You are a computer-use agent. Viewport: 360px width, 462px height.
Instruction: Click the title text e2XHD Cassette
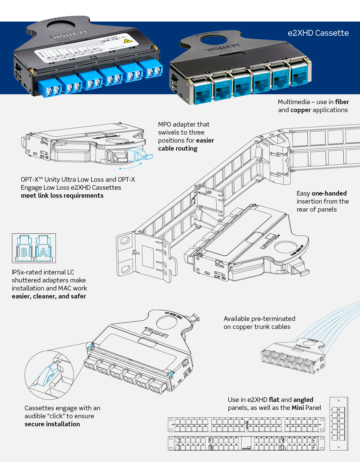tap(318, 33)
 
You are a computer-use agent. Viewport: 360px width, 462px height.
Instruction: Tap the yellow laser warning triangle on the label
tap(130, 41)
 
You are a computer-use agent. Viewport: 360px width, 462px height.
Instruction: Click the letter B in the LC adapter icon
tap(24, 252)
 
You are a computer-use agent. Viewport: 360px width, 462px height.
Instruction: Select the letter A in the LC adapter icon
tap(43, 252)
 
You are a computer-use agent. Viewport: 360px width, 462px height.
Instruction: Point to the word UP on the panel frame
tap(209, 192)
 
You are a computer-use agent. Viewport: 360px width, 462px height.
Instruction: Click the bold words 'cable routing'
tap(178, 148)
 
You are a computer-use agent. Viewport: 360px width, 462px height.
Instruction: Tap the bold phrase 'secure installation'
tap(52, 424)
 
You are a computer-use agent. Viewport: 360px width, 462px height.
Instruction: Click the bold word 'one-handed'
tap(329, 193)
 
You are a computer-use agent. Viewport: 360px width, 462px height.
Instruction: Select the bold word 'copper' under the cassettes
tap(301, 110)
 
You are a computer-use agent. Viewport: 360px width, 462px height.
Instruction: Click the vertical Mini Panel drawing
tap(338, 423)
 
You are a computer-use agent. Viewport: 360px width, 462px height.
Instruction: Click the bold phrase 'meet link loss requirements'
tap(62, 196)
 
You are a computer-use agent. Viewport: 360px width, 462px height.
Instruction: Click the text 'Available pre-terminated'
tap(259, 319)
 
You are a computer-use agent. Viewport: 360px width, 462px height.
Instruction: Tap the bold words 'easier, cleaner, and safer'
tap(49, 296)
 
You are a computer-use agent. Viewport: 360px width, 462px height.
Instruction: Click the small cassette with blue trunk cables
tap(292, 357)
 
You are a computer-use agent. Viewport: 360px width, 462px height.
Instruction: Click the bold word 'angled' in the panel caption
tap(303, 400)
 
